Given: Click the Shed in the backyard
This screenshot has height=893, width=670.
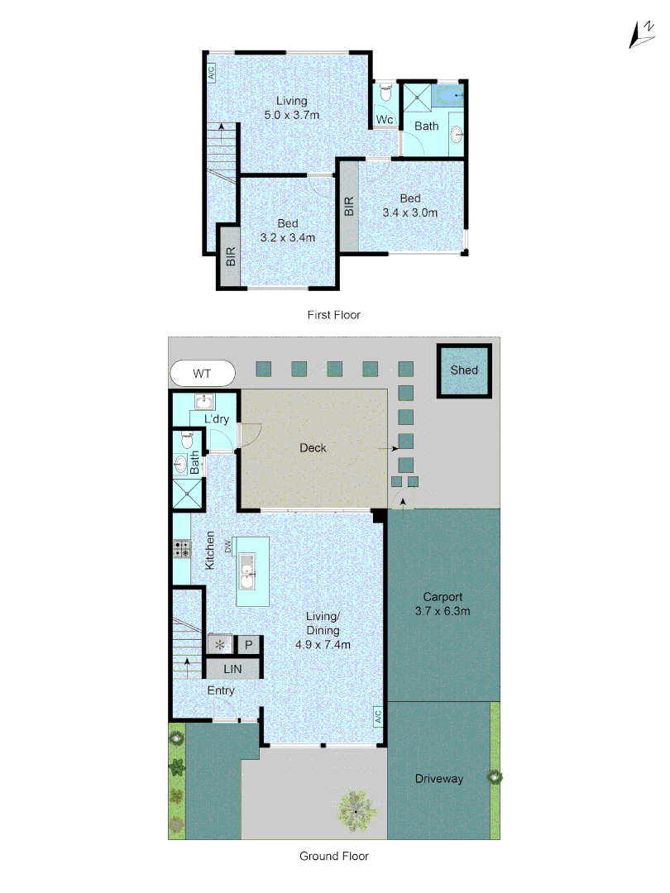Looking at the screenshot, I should click(464, 370).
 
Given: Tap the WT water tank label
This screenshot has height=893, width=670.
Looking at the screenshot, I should click(202, 374).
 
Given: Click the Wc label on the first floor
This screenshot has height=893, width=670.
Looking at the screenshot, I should click(384, 121).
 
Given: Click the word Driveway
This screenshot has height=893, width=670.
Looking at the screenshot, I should click(438, 779).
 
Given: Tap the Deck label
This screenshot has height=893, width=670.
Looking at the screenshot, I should click(313, 448).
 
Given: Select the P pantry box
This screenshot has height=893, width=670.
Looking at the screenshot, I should click(249, 645).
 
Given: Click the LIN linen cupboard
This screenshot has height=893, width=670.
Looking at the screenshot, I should click(233, 668).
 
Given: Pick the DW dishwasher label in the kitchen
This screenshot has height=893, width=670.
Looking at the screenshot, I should click(227, 547).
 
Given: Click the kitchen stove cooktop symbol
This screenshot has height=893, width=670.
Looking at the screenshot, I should click(181, 547).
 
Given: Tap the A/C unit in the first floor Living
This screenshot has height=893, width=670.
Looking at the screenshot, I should click(211, 73).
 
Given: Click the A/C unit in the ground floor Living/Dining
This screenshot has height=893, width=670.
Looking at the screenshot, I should click(376, 716).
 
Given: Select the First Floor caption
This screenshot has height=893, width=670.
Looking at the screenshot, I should click(333, 315).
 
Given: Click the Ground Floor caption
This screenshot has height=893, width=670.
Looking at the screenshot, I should click(333, 857).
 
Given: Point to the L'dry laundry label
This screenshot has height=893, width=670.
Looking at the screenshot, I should click(217, 419).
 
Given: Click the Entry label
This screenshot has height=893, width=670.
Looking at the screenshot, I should click(221, 690).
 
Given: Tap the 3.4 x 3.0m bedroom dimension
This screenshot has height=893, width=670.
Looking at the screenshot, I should click(410, 213).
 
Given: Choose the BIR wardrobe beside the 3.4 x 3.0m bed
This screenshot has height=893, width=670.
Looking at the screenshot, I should click(348, 206).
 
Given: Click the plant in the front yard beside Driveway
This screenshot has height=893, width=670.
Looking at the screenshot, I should click(495, 777).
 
